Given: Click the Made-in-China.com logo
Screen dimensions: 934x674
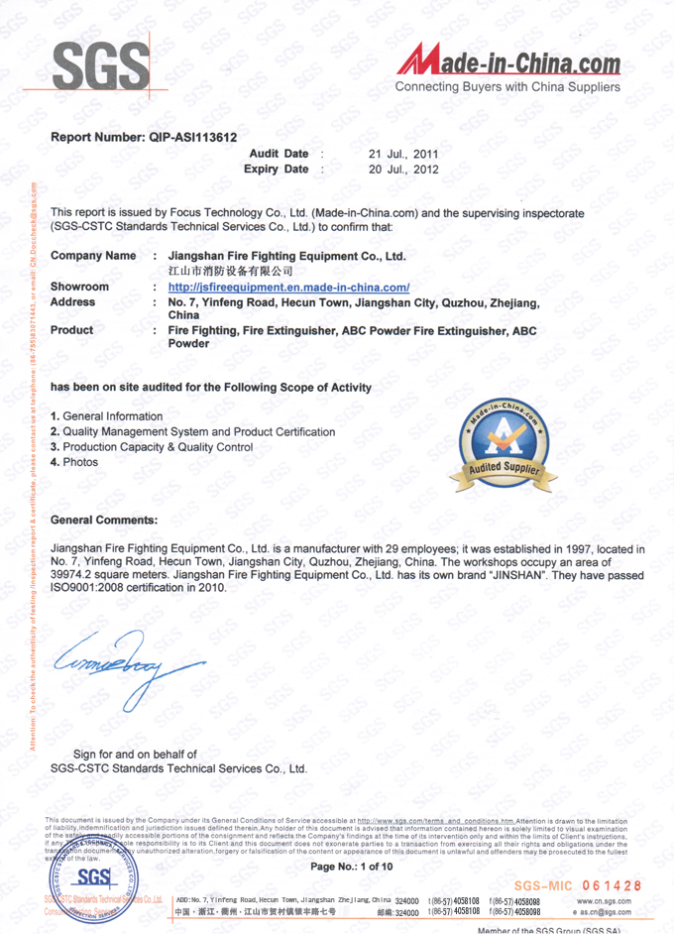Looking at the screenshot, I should pos(509,66).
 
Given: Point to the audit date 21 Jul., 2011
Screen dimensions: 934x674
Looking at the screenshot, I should pos(403,154).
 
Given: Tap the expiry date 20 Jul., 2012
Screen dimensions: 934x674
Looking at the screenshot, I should pos(403,170).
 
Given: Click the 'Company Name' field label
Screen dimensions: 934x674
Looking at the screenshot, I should pos(93,256).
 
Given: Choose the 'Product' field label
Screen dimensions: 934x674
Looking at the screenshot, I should pos(71,330).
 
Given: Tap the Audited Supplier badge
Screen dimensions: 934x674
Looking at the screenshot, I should pos(504,446).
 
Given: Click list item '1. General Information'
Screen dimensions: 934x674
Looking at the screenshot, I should pos(106,416).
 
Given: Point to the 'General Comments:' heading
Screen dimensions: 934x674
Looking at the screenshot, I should pos(103,520).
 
